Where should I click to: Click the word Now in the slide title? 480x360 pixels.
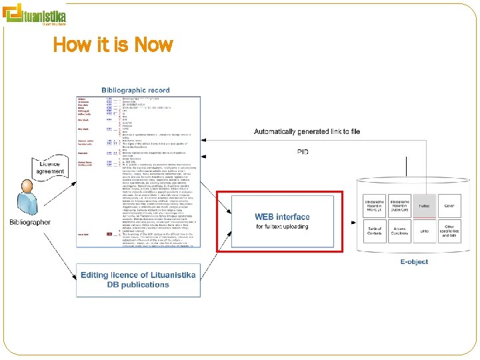(x=153, y=45)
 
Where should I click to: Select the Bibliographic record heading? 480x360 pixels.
(x=135, y=89)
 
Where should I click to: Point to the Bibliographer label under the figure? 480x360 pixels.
(x=29, y=222)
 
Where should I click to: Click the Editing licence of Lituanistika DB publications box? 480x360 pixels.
(x=138, y=280)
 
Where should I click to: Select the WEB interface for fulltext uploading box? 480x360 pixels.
(x=282, y=221)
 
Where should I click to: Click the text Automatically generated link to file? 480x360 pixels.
(x=307, y=132)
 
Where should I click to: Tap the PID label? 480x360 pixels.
(x=303, y=152)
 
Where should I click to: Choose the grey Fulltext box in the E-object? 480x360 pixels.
(x=424, y=207)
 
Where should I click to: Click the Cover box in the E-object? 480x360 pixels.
(x=449, y=207)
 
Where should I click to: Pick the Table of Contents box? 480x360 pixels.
(x=375, y=231)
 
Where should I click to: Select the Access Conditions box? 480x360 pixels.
(x=399, y=231)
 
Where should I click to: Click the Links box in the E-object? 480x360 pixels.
(x=424, y=231)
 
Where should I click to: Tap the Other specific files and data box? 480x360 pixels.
(x=449, y=231)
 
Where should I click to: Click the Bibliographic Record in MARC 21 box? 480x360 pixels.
(x=375, y=207)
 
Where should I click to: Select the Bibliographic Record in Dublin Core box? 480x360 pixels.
(x=399, y=207)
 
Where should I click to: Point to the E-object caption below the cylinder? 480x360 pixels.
(x=413, y=262)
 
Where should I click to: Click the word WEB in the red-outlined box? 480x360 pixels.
(x=265, y=217)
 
